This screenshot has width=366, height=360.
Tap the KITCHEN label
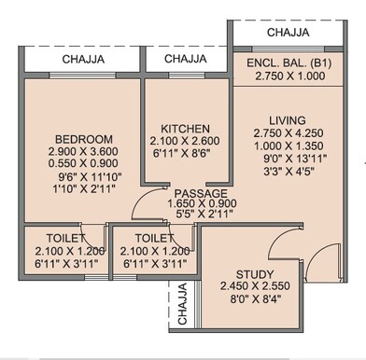coord(185,128)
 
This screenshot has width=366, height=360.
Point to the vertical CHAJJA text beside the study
coord(182,304)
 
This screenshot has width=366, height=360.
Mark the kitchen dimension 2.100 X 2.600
coord(185,141)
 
